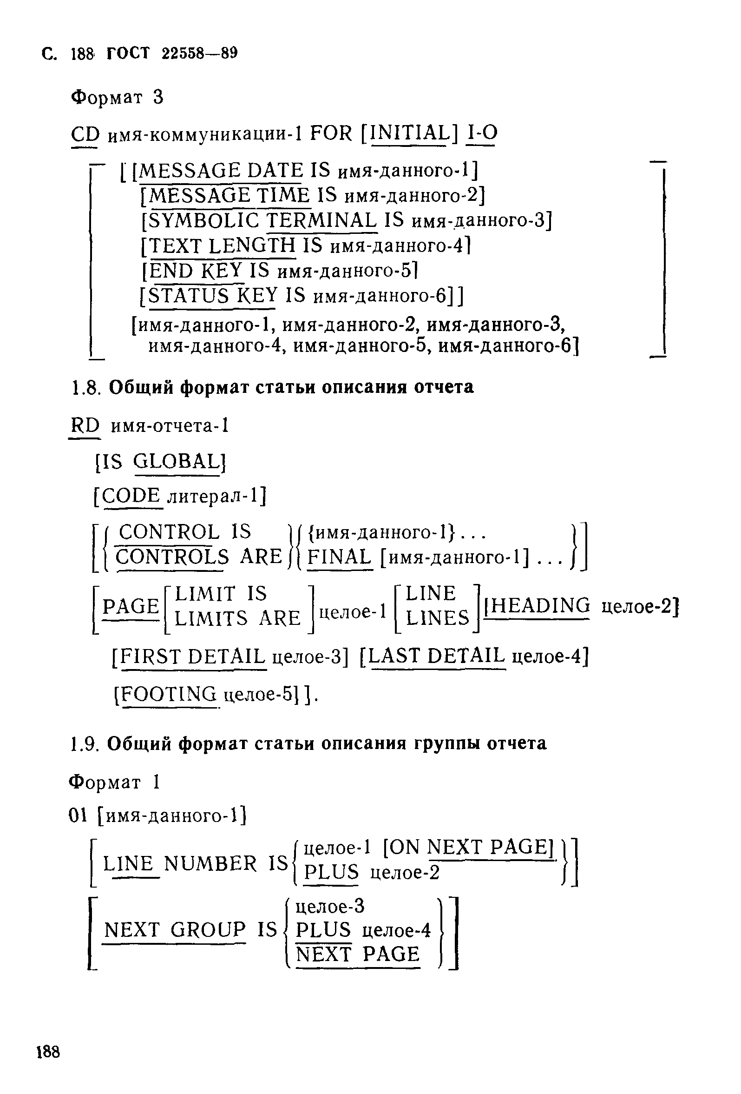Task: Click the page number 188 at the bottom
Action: (x=48, y=1052)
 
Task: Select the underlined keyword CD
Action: (x=85, y=135)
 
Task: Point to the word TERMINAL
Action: (x=322, y=220)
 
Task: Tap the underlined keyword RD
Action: (x=85, y=426)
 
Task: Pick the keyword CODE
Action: (x=131, y=496)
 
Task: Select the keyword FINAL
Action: (x=339, y=557)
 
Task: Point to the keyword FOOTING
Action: (x=169, y=694)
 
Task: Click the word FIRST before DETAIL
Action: (x=151, y=656)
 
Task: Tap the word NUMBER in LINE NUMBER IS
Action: (x=211, y=864)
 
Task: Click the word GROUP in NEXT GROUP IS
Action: (x=208, y=930)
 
